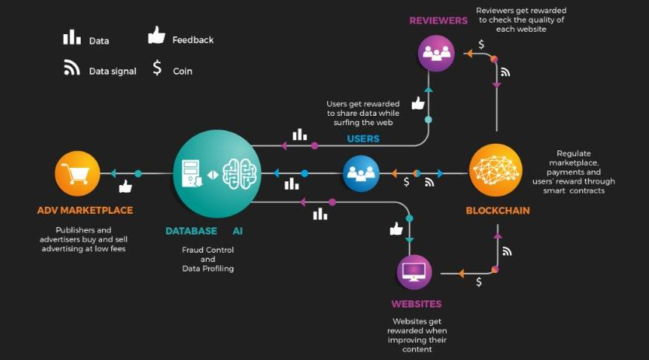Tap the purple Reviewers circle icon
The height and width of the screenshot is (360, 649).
coord(437,54)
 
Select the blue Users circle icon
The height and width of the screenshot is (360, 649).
coord(361,173)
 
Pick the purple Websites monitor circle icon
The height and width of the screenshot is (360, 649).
coord(414,272)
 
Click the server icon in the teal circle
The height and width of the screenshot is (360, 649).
coord(191,173)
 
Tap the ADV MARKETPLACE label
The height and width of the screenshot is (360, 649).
coord(85,210)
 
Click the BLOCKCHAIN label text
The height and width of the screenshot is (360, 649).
coord(497,211)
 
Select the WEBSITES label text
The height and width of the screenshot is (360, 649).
coord(416,304)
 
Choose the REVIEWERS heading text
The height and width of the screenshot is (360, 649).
coord(438,20)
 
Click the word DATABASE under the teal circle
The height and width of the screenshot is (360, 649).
coord(191,231)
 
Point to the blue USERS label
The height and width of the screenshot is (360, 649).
coord(363,139)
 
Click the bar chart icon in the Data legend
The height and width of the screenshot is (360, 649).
coord(72,37)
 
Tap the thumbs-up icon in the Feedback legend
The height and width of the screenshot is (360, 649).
coord(157,35)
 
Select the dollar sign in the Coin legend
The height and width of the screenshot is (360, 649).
coord(157,68)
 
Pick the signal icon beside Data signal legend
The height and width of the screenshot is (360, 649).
coord(72,68)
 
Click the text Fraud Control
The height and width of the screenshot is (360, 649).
coord(208,250)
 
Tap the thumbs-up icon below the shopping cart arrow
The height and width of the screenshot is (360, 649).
coord(124,187)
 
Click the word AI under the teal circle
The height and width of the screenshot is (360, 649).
coord(238,231)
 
